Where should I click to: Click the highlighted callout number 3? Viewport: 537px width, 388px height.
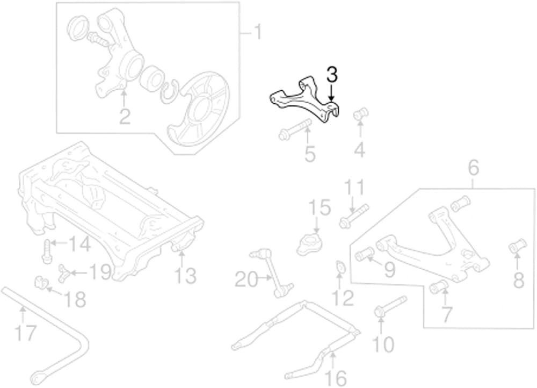(x=331, y=75)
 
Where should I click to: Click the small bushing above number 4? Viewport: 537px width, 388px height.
(x=361, y=114)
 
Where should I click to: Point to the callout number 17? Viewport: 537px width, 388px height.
(x=26, y=333)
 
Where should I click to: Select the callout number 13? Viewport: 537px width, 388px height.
(x=185, y=276)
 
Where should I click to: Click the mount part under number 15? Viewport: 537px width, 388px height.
(x=310, y=244)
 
